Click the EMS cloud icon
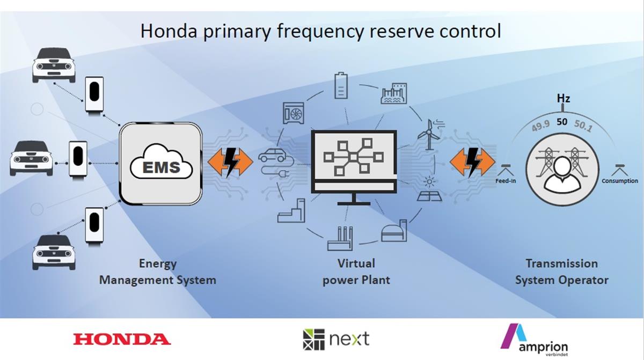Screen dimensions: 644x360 coord(161,161)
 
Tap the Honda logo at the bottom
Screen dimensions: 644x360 coord(122,339)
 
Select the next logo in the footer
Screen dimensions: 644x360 coord(336,339)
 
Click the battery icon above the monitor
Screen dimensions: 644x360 coord(341,86)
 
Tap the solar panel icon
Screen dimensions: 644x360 coord(430,189)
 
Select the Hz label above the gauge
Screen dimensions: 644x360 coord(563,98)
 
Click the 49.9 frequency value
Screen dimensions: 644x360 coord(540,126)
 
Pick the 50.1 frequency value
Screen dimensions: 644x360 coord(583,126)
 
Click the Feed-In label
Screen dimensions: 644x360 coord(506,181)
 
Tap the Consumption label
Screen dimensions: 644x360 coord(620,181)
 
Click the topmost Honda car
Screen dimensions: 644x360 coord(54,65)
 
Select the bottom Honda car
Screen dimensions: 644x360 coord(54,253)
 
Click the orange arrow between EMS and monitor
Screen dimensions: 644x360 coord(230,161)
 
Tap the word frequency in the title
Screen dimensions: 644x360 coord(320,31)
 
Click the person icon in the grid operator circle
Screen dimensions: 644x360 coord(562,175)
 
